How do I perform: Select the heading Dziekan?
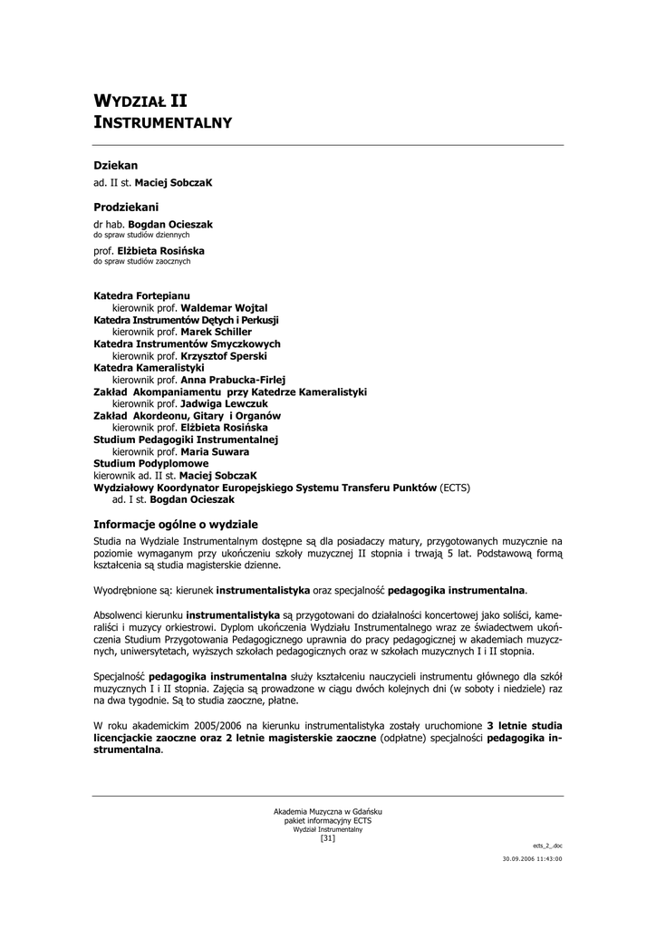pos(116,166)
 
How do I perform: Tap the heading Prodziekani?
pos(126,208)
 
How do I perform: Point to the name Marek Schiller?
pos(216,332)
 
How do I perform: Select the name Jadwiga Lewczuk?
pos(224,403)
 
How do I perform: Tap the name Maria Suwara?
pos(215,450)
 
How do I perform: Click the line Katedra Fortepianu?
pos(142,296)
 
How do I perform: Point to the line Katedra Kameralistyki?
pos(149,368)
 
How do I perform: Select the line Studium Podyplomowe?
pos(151,462)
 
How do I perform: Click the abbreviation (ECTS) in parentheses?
pos(455,487)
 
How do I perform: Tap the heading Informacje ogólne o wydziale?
pos(176,525)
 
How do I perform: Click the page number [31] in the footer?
pos(328,837)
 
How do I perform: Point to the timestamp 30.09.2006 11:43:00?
pos(533,857)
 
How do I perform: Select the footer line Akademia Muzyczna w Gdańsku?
pos(328,810)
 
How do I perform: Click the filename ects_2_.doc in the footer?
pos(547,845)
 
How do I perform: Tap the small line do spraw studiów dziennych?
pos(141,234)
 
